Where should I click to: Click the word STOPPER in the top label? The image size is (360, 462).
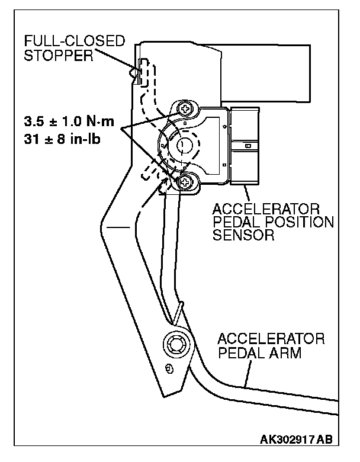(x=49, y=56)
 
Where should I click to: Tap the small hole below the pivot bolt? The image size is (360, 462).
(x=169, y=368)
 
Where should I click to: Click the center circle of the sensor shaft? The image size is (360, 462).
(x=185, y=144)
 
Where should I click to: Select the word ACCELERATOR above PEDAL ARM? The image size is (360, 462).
(x=271, y=340)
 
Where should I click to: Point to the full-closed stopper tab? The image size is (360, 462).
(x=137, y=72)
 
